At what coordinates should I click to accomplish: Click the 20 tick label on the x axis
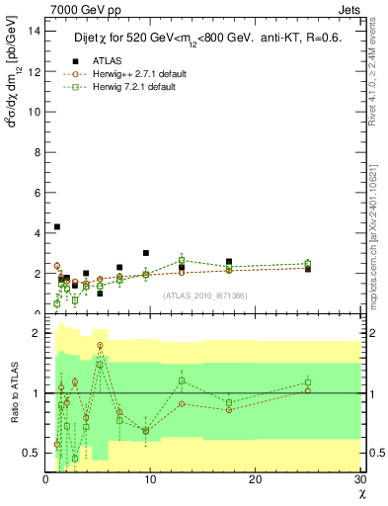[x=255, y=480]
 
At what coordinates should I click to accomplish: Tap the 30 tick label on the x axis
[x=359, y=480]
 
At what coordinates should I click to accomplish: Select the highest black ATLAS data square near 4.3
[x=57, y=226]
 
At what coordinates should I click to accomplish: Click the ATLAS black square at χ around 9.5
[x=146, y=253]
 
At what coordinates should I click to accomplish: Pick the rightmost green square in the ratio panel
[x=308, y=382]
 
